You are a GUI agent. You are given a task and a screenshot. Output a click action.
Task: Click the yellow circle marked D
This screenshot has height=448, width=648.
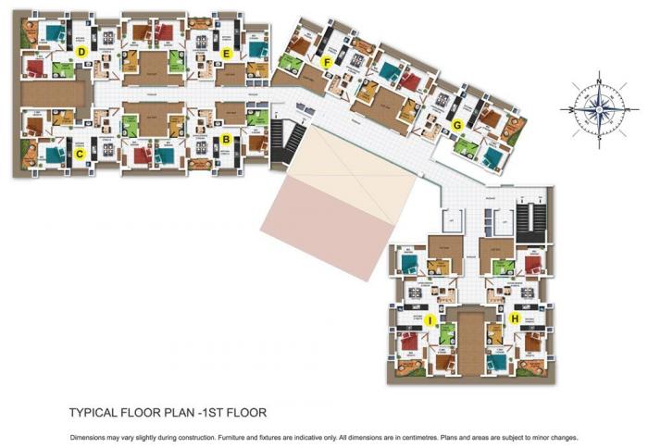(x=81, y=52)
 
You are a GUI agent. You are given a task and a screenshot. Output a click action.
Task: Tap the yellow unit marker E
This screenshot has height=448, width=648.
(x=226, y=53)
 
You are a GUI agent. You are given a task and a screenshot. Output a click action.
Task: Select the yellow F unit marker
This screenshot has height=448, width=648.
(x=326, y=62)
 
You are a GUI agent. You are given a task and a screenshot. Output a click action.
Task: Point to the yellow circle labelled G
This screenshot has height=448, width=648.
(x=456, y=125)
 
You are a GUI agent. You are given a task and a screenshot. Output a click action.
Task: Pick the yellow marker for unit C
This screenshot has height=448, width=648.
(x=81, y=154)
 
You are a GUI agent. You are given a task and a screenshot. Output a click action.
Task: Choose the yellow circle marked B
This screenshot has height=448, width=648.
(x=225, y=141)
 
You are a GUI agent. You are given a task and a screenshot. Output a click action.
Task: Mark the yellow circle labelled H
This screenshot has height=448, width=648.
(x=514, y=317)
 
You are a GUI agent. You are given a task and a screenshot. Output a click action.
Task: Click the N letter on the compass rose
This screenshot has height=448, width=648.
(x=599, y=82)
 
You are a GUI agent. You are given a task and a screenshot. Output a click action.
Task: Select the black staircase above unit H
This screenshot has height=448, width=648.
(x=531, y=219)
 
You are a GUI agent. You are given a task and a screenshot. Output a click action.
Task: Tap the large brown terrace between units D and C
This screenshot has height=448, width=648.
(x=54, y=93)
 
